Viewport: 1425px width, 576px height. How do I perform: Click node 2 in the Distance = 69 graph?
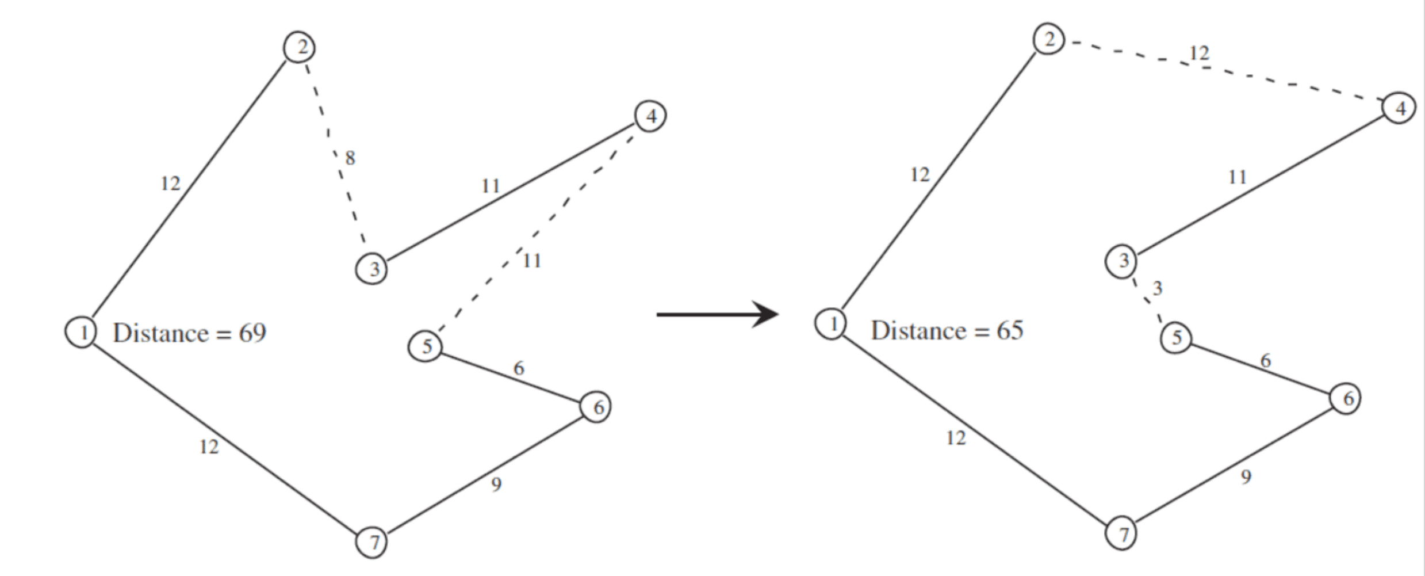(300, 47)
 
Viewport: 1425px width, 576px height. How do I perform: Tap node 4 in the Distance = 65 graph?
(1399, 108)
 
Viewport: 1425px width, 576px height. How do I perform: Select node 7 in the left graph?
(371, 541)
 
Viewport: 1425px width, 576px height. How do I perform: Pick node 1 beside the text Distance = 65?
(830, 323)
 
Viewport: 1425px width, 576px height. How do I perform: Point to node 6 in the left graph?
(595, 407)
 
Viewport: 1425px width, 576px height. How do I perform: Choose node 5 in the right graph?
(1176, 337)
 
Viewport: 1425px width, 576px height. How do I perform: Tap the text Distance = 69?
(189, 333)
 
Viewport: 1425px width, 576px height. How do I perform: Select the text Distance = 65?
(947, 330)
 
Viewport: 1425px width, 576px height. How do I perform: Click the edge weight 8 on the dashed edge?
(350, 158)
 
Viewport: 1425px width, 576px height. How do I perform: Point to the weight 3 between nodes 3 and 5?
(1157, 288)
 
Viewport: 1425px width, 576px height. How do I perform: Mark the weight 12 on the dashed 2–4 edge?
(1199, 54)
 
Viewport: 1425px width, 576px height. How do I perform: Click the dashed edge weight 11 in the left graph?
(532, 261)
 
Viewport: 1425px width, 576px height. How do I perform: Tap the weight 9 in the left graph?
(496, 485)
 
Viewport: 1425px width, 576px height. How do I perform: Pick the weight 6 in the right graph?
(1266, 361)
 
